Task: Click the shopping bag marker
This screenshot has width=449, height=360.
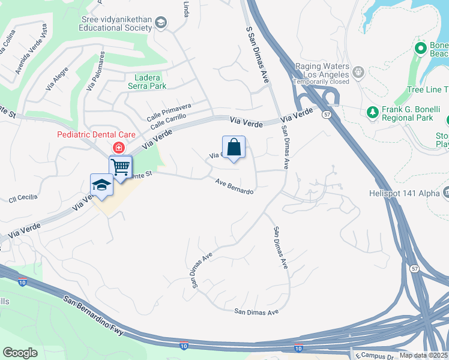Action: pos(234,148)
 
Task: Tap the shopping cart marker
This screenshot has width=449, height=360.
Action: pos(121,167)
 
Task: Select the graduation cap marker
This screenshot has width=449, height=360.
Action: pos(101,186)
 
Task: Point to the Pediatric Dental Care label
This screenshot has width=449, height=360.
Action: pos(96,135)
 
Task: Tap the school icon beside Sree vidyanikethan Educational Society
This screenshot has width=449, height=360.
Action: pos(160,23)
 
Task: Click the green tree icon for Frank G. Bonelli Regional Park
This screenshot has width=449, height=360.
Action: pos(372,112)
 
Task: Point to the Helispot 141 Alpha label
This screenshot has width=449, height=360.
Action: pos(405,193)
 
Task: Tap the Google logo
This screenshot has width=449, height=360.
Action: pos(20,353)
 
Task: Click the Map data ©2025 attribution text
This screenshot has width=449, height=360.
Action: pos(423,355)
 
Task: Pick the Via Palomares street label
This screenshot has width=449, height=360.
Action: pos(95,70)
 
